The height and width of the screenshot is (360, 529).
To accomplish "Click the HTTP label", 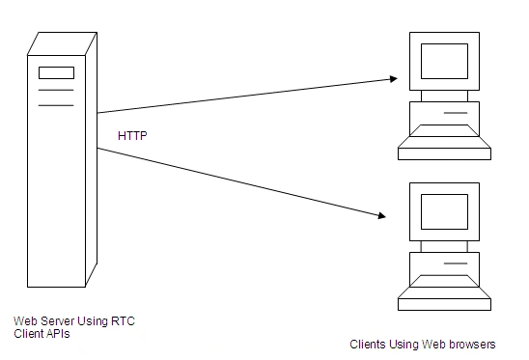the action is [132, 136].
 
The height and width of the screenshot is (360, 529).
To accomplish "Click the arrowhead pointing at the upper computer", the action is [394, 79].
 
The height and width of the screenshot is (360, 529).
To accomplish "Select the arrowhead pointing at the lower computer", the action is [381, 215].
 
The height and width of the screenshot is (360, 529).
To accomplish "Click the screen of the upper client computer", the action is [444, 61].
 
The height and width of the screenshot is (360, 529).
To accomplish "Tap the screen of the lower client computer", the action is [444, 211].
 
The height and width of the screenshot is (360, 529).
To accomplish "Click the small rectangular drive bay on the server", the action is [56, 73].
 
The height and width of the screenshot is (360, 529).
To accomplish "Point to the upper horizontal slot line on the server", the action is [56, 90].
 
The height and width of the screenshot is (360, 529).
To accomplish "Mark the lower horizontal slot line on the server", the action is [56, 105].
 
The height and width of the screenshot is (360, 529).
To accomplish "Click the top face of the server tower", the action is [63, 43].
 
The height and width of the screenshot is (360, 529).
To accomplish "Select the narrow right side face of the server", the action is [92, 159].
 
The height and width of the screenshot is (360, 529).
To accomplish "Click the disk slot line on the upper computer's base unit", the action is [456, 113].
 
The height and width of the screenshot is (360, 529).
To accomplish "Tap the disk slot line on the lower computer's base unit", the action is [456, 263].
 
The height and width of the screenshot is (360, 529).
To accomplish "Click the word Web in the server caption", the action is [26, 320].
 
